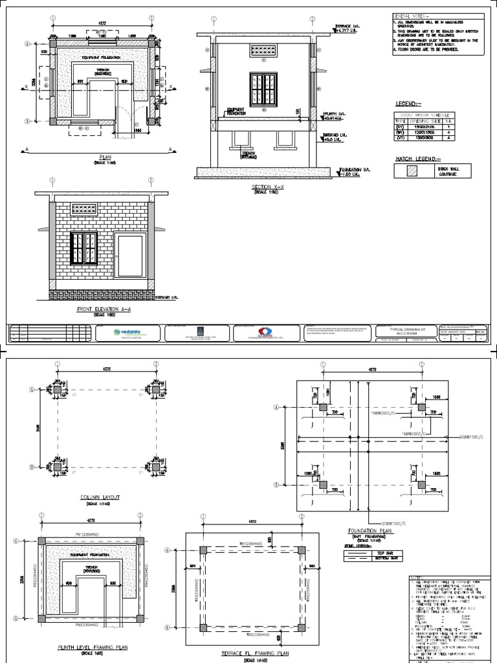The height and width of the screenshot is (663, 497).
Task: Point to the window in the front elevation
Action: pos(83,248)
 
